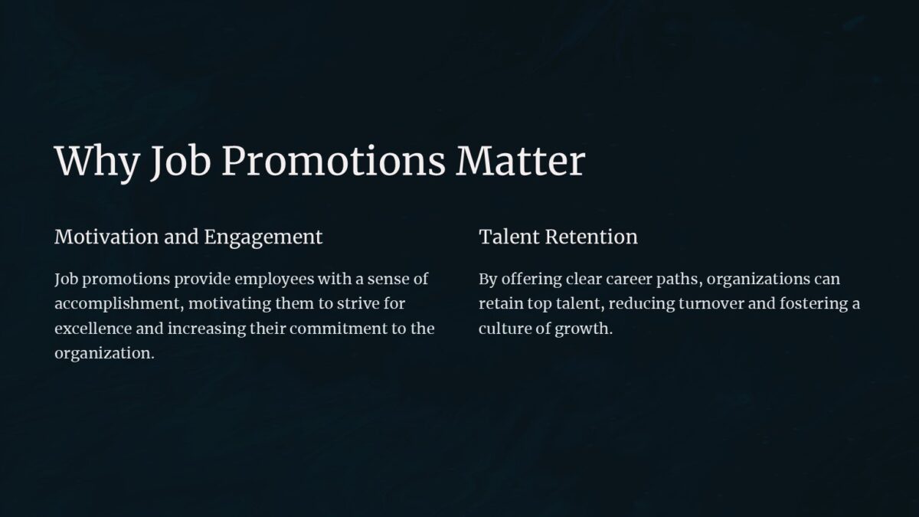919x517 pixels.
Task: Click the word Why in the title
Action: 97,162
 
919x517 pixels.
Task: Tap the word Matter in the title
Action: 521,162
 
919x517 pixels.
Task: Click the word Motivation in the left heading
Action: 106,237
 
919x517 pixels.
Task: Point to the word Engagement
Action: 263,237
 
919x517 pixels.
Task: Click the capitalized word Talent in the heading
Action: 509,237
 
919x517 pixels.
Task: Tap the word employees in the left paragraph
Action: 272,280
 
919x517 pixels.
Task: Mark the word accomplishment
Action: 119,304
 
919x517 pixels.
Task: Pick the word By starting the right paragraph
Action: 488,280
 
